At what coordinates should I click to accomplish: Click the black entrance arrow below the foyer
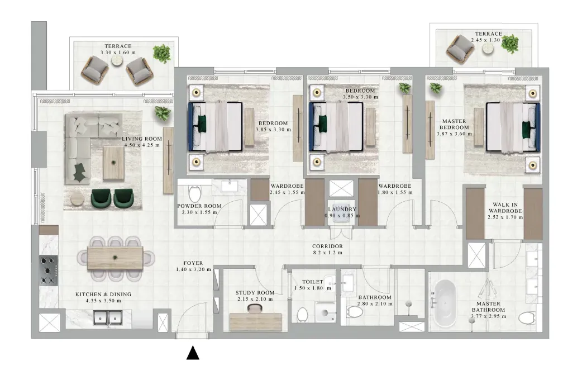[193, 353]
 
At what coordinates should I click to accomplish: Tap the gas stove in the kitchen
[49, 270]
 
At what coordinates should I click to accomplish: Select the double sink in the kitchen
[108, 318]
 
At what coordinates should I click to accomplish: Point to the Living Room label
[142, 142]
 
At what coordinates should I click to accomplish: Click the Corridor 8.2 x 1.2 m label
[327, 249]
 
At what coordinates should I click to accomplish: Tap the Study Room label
[255, 296]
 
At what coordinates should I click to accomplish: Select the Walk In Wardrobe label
[505, 211]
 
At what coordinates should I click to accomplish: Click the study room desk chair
[255, 308]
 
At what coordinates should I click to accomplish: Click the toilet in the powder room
[195, 194]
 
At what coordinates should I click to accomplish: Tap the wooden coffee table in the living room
[113, 163]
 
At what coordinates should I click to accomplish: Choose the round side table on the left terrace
[117, 61]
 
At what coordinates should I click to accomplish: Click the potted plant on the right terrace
[510, 44]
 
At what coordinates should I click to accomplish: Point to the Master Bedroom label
[454, 127]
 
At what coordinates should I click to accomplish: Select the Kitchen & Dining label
[103, 297]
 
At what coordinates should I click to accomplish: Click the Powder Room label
[199, 209]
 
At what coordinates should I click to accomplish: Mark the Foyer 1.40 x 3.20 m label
[193, 266]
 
